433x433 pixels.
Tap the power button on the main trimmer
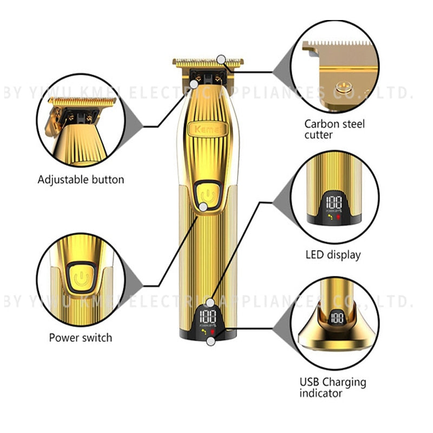coord(204,193)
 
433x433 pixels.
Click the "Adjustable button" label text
coord(81,179)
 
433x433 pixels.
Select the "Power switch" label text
coord(81,337)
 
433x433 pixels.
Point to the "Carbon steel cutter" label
coord(334,129)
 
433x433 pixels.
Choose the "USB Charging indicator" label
coord(333,388)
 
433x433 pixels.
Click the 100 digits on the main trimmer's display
coord(208,317)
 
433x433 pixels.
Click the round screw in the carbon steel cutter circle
coord(341,84)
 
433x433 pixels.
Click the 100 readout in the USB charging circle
coord(337,318)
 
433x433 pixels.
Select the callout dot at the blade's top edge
coord(221,59)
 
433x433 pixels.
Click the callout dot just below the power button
coord(203,207)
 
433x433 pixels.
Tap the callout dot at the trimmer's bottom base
coord(211,341)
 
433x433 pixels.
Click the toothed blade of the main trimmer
coord(206,63)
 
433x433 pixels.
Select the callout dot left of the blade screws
coord(194,83)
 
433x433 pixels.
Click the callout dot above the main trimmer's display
coord(211,303)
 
